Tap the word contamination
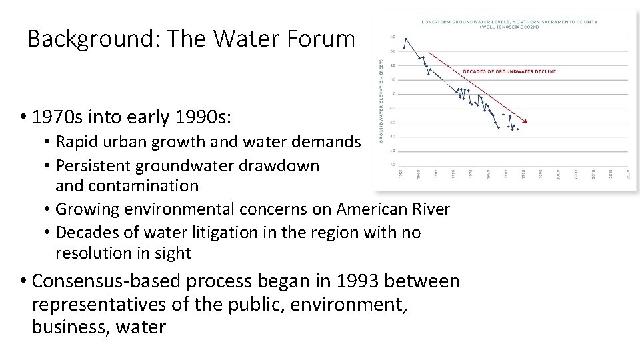tap(127, 185)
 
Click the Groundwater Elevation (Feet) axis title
tap(381, 100)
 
